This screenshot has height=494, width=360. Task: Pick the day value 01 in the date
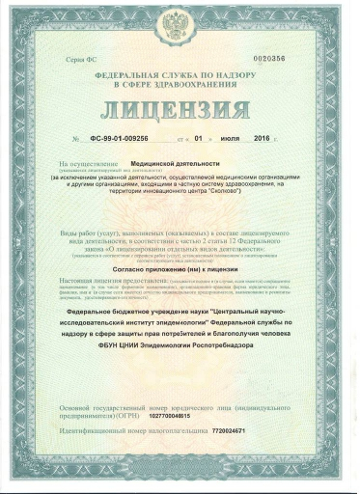click(199, 141)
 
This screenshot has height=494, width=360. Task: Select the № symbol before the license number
click(76, 142)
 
